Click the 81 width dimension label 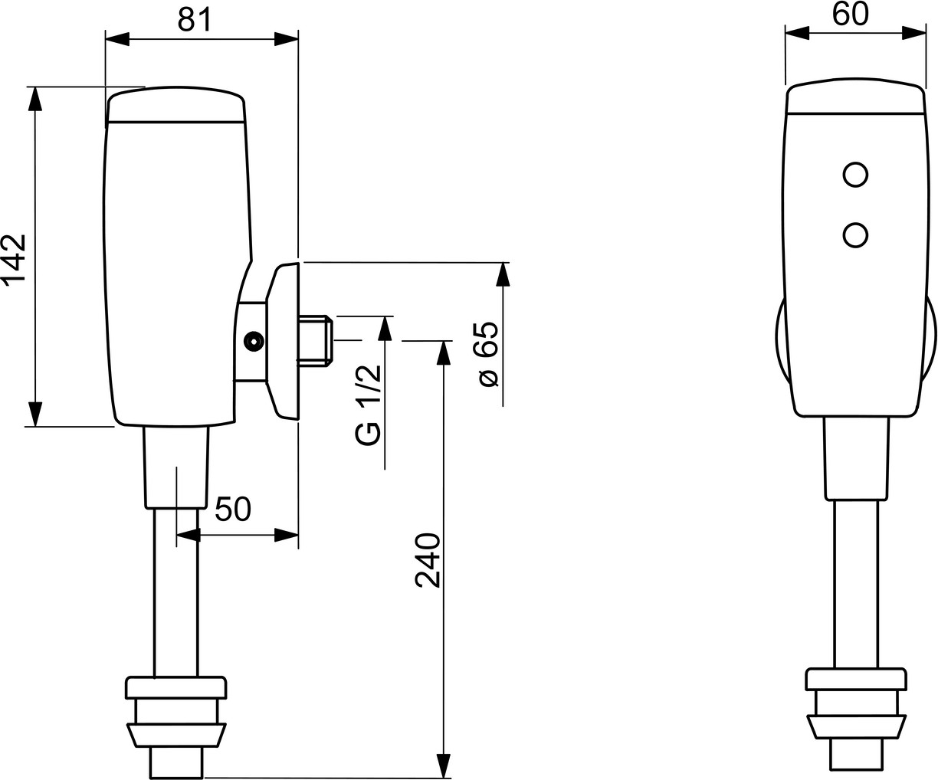pos(194,21)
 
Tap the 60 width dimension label pos(851,15)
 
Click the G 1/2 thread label pos(369,405)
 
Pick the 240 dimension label pos(427,560)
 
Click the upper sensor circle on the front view pos(855,175)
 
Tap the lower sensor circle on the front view pos(855,235)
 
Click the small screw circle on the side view pos(254,342)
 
